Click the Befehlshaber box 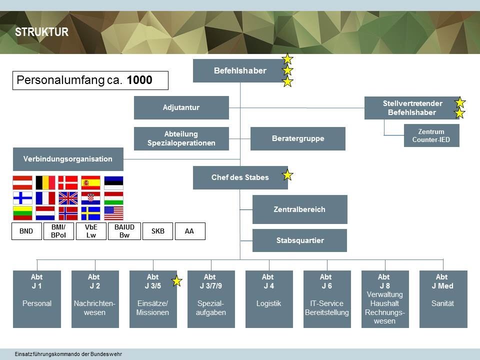click(240, 70)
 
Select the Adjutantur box click(181, 107)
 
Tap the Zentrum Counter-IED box click(431, 135)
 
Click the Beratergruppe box click(297, 138)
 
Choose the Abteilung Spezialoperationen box click(181, 138)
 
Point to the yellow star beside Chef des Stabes click(287, 175)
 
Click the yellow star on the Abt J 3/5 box click(176, 281)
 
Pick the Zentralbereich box click(299, 209)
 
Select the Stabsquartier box click(299, 240)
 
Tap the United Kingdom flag click(68, 198)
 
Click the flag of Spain click(90, 182)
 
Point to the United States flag click(113, 213)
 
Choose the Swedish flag click(90, 213)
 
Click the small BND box click(26, 231)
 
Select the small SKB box click(157, 231)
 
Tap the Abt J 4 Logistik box click(269, 299)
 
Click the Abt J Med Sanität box click(443, 299)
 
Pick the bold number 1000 click(139, 80)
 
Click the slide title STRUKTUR click(41, 32)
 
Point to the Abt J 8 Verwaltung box click(385, 299)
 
